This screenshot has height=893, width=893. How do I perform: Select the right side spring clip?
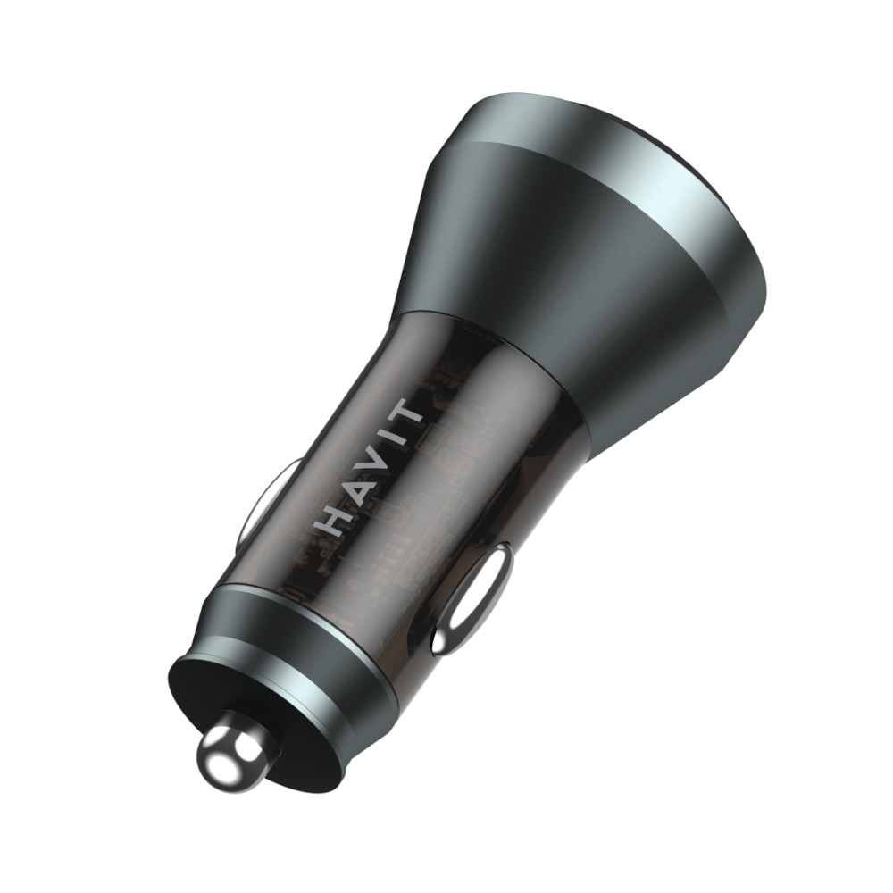472,598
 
